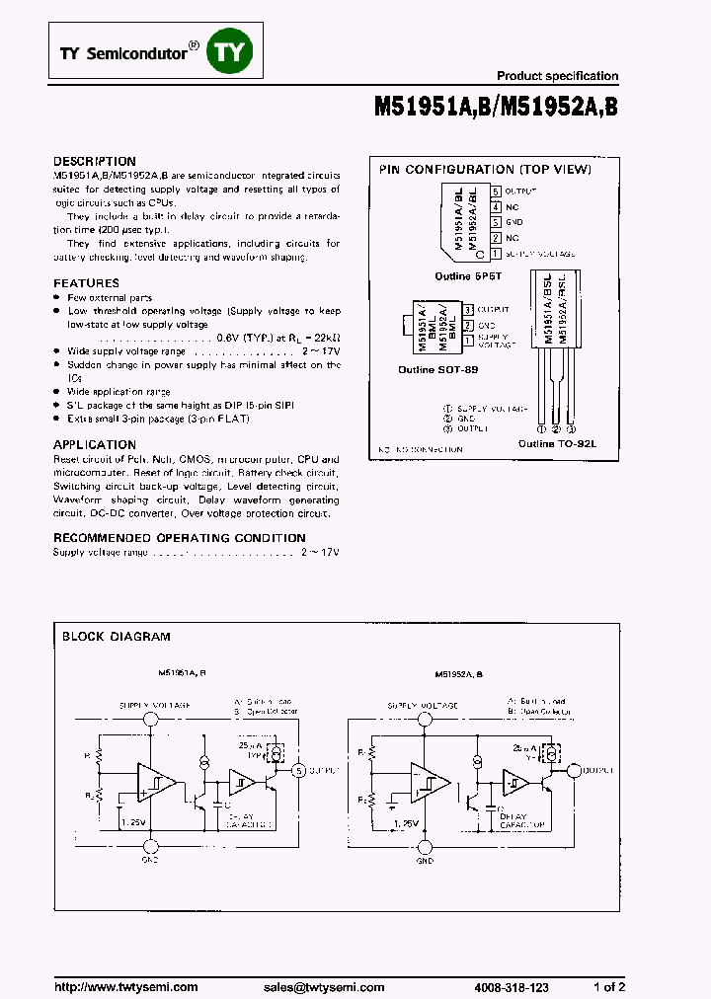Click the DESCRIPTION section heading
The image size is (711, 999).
[95, 161]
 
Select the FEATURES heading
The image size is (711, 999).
[86, 282]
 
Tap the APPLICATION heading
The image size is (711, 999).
[95, 444]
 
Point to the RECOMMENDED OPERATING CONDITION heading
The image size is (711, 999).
[179, 538]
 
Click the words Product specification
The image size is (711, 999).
[557, 76]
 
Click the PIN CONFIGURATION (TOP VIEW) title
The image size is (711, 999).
[485, 170]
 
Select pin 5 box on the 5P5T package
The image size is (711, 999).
[496, 191]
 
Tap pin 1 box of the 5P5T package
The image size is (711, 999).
[496, 254]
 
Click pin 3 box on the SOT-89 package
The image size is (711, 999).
[468, 309]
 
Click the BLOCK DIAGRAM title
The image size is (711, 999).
[117, 637]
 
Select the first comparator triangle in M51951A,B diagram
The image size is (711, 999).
[156, 783]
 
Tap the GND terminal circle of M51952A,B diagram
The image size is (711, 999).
[426, 846]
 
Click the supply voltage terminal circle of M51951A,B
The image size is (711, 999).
[151, 721]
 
